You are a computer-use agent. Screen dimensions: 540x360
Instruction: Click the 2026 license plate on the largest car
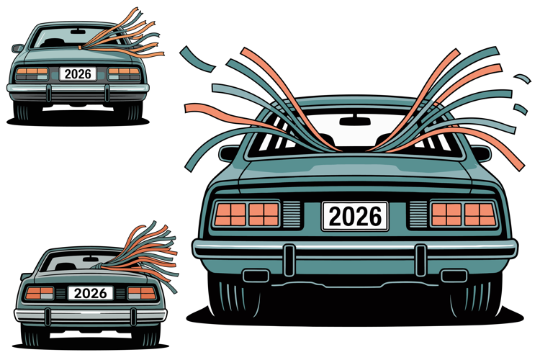point(355,216)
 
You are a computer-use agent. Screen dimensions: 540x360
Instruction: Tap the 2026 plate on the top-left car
point(78,73)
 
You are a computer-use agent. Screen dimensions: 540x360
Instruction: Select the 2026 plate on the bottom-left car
point(91,293)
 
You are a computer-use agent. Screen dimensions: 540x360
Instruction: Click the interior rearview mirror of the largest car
point(355,121)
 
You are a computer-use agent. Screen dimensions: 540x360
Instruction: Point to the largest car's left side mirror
point(229,153)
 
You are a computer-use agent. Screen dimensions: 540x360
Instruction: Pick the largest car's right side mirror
point(482,153)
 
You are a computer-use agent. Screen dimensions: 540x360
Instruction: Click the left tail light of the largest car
point(247,215)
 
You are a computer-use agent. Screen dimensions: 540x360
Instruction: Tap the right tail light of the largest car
point(464,215)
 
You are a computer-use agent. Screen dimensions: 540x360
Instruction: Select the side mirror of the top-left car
point(17,48)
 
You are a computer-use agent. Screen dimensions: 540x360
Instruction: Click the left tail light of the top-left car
point(32,73)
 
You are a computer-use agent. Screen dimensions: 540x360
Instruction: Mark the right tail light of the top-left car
point(124,73)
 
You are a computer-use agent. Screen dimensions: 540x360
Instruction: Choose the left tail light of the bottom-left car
point(40,293)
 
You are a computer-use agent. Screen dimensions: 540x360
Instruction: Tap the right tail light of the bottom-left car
point(142,293)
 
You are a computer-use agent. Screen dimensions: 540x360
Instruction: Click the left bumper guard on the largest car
point(289,260)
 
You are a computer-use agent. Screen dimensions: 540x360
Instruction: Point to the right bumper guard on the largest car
point(420,260)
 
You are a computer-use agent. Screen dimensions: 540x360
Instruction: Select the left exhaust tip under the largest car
point(256,276)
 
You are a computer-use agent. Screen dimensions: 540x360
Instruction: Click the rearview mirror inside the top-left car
point(78,32)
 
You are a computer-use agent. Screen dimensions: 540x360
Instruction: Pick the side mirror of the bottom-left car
point(25,276)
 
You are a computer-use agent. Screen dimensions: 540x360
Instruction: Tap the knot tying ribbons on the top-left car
point(80,48)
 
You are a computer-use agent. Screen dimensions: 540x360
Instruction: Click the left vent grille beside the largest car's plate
point(292,214)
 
